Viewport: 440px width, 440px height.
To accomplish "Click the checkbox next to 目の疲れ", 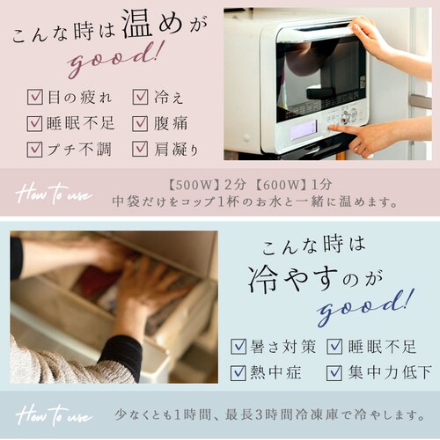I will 35,97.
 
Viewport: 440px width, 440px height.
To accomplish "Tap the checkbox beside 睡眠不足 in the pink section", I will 35,122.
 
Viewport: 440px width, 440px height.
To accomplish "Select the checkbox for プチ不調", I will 35,148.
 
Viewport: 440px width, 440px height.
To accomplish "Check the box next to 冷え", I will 140,97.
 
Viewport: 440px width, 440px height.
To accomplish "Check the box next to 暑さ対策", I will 238,347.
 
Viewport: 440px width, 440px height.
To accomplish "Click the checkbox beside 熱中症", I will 238,372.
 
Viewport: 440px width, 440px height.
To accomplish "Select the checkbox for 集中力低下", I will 334,372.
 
